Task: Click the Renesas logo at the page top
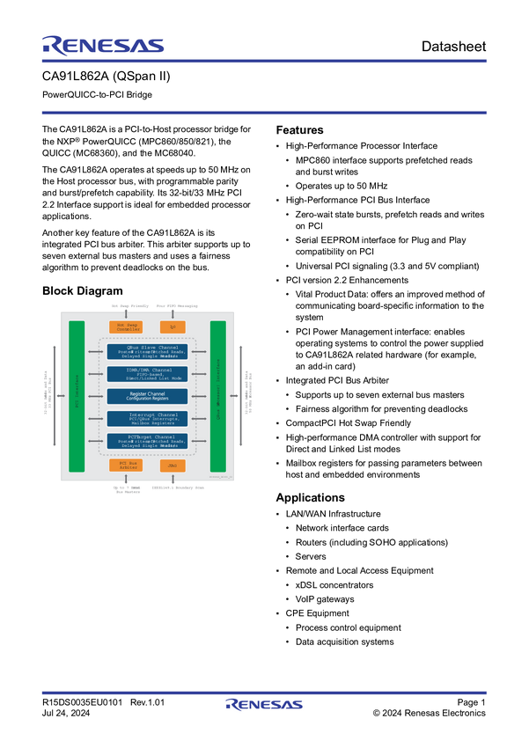[102, 45]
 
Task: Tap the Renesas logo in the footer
[264, 705]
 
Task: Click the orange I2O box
[173, 327]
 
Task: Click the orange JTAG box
[173, 465]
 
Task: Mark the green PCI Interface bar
[77, 396]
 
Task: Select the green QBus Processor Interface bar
[217, 396]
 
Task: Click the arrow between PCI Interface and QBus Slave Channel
[96, 352]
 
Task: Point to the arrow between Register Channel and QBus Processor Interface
[200, 396]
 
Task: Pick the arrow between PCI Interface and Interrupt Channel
[96, 418]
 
